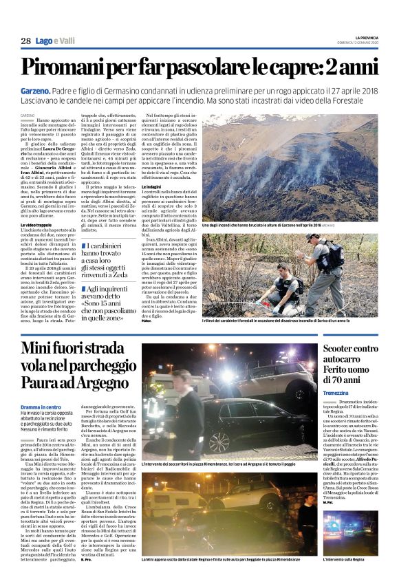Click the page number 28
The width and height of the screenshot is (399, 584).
pos(25,41)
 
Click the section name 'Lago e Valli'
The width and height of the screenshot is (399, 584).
pos(56,41)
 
